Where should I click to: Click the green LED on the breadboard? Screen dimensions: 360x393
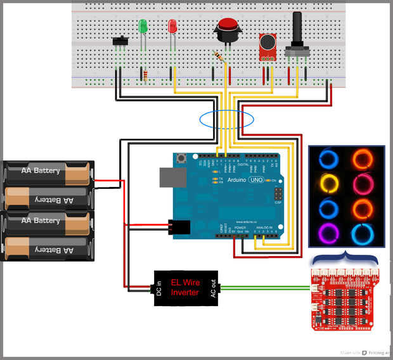point(143,27)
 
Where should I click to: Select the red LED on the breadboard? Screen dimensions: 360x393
point(172,26)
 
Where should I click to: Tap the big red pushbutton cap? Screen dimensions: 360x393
point(228,25)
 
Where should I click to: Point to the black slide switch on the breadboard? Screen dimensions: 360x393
point(120,42)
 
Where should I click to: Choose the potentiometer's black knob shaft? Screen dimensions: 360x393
point(297,29)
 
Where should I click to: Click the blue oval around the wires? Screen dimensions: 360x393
point(226,119)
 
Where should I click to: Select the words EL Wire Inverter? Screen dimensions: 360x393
point(185,288)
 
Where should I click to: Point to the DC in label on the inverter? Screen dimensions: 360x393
point(160,288)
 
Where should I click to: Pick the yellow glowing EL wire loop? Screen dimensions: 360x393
point(329,184)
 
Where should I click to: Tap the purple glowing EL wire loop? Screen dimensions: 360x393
point(329,233)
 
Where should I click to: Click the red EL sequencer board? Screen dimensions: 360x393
point(342,297)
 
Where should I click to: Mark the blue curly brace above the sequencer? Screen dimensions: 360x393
point(345,259)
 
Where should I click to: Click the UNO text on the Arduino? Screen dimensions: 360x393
point(255,180)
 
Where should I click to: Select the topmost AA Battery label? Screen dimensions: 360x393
point(40,170)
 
